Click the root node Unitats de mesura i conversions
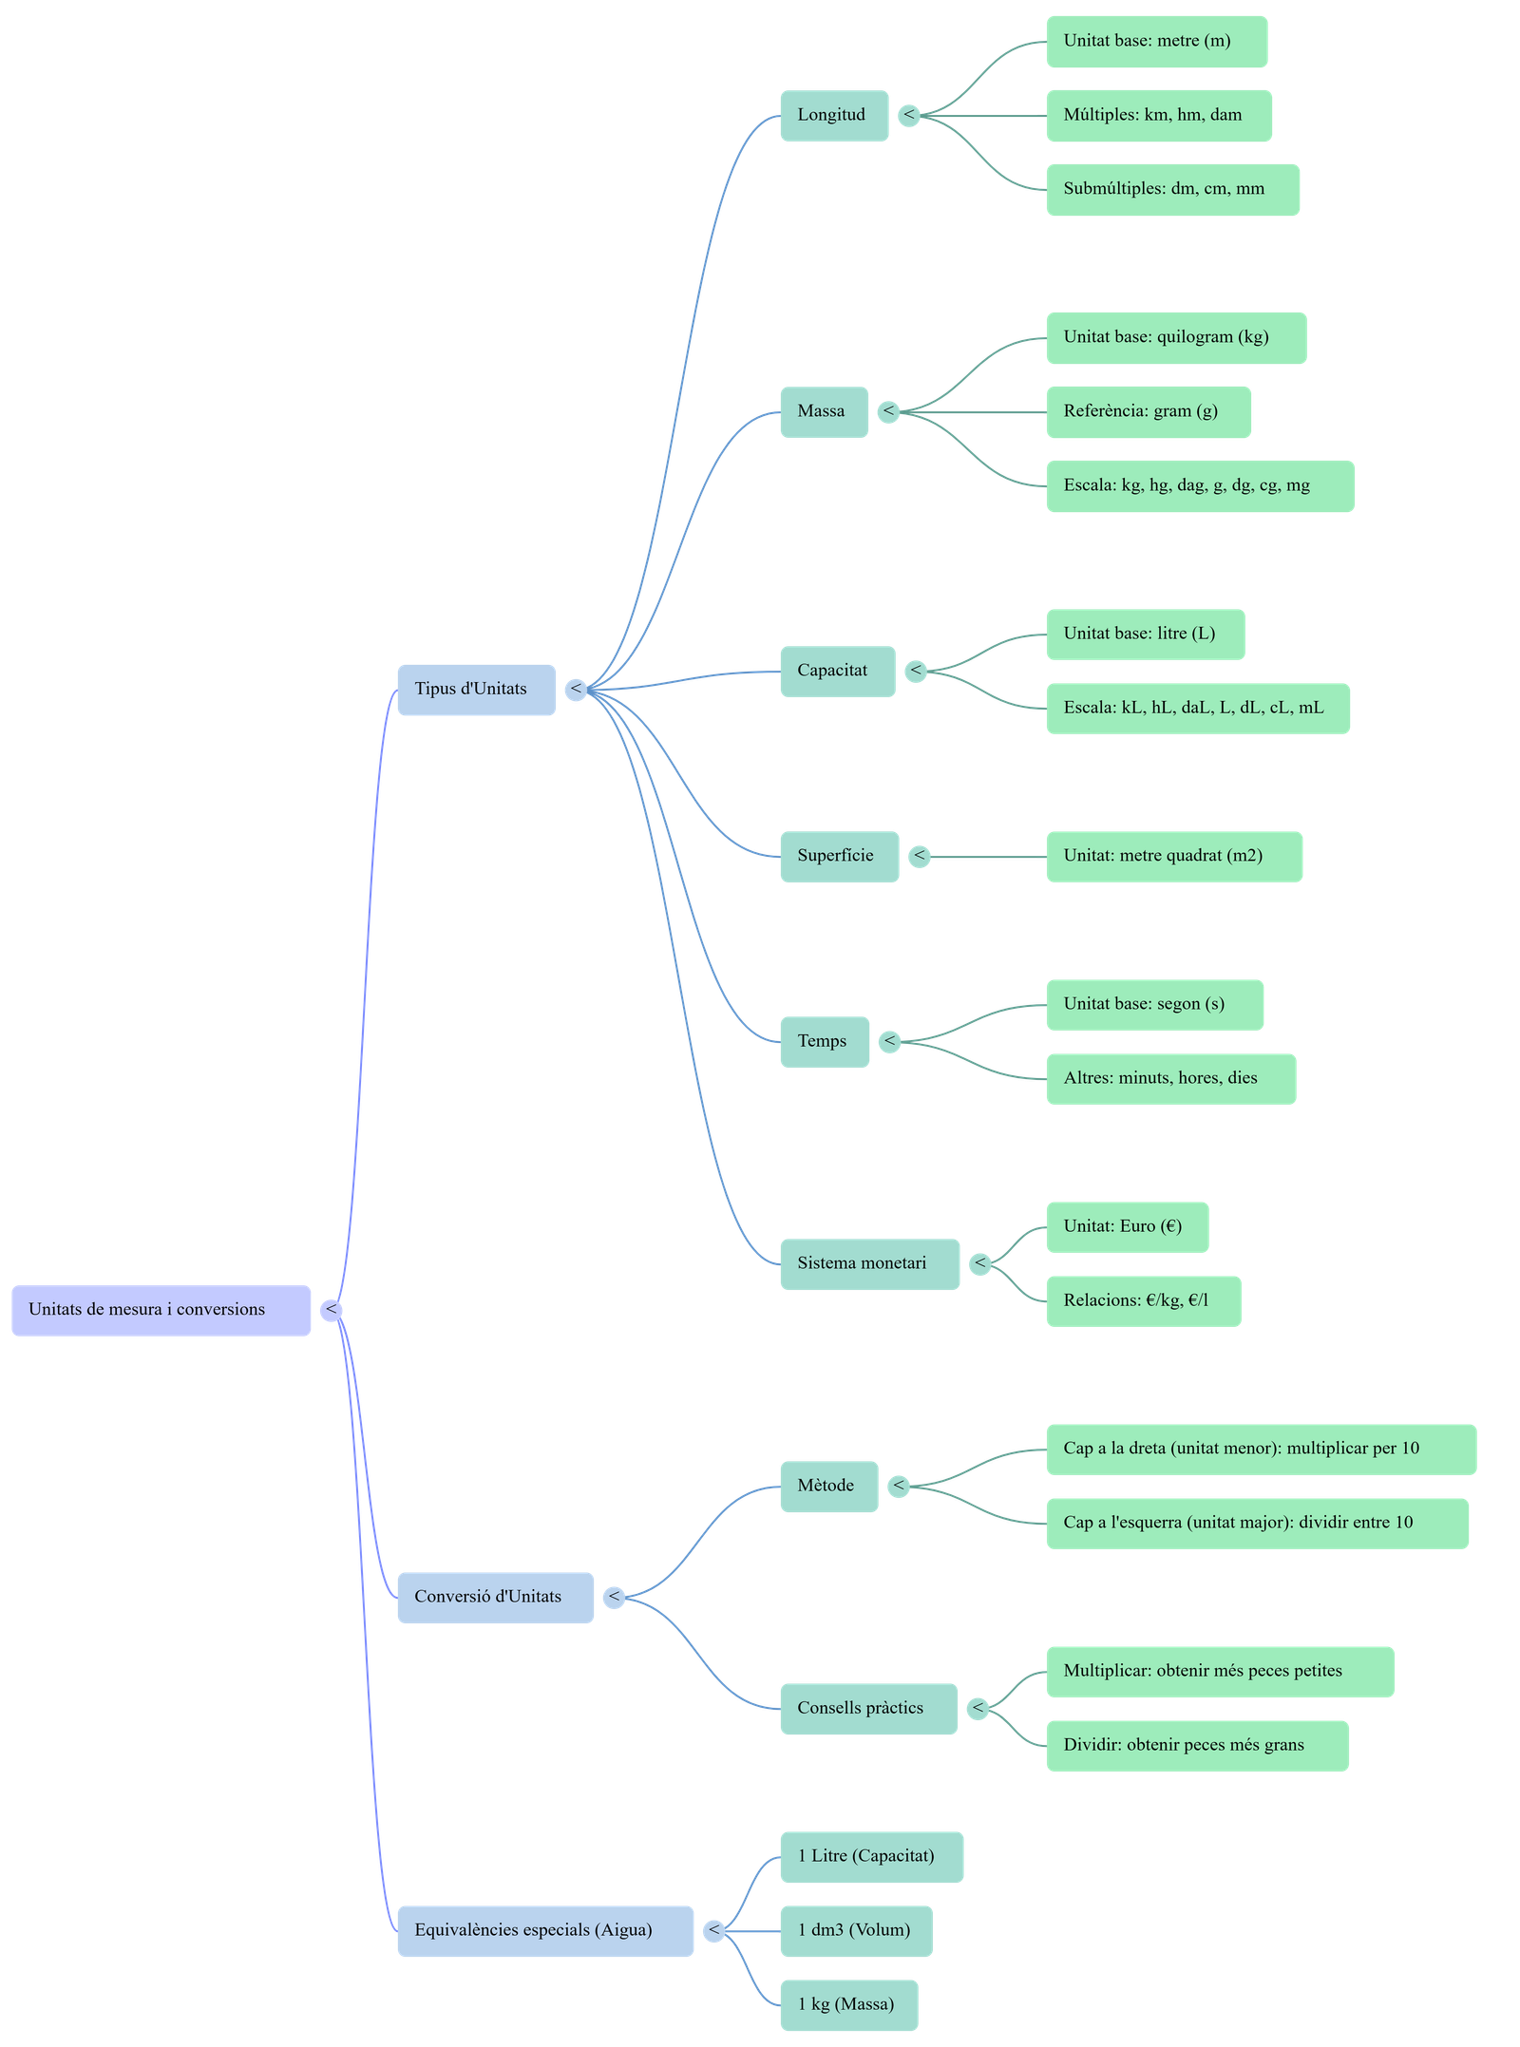pyautogui.click(x=161, y=1310)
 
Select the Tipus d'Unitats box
pyautogui.click(x=476, y=690)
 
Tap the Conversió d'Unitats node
pyautogui.click(x=495, y=1597)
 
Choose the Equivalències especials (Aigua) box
pyautogui.click(x=544, y=1930)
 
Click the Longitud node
pyautogui.click(x=833, y=116)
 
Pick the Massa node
pyautogui.click(x=824, y=411)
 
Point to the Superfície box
pyautogui.click(x=839, y=856)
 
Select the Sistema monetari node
pyautogui.click(x=868, y=1263)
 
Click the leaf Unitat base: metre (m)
pyautogui.click(x=1156, y=42)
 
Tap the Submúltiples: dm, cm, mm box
pyautogui.click(x=1172, y=190)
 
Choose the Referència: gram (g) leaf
pyautogui.click(x=1148, y=411)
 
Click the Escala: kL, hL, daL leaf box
pyautogui.click(x=1197, y=708)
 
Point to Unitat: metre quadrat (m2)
pyautogui.click(x=1173, y=856)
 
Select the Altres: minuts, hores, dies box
pyautogui.click(x=1169, y=1078)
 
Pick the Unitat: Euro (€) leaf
pyautogui.click(x=1127, y=1226)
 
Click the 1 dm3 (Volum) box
pyautogui.click(x=855, y=1930)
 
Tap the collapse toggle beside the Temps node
pyautogui.click(x=889, y=1041)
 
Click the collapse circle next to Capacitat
pyautogui.click(x=915, y=671)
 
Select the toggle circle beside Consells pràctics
pyautogui.click(x=978, y=1708)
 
